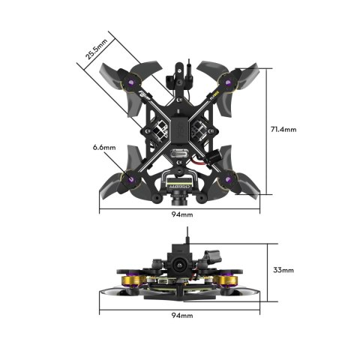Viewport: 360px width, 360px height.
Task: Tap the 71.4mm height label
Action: click(283, 129)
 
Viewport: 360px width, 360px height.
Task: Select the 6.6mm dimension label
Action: click(104, 147)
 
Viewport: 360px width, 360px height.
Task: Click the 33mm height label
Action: click(283, 270)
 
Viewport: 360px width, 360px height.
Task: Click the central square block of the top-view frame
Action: click(181, 127)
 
